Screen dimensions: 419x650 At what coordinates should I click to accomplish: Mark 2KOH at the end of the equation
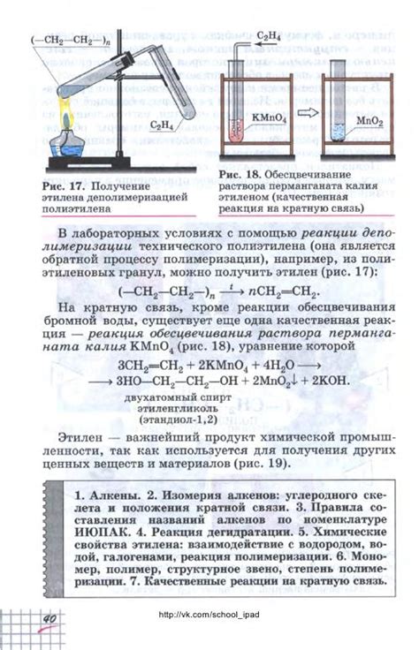pyautogui.click(x=324, y=381)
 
